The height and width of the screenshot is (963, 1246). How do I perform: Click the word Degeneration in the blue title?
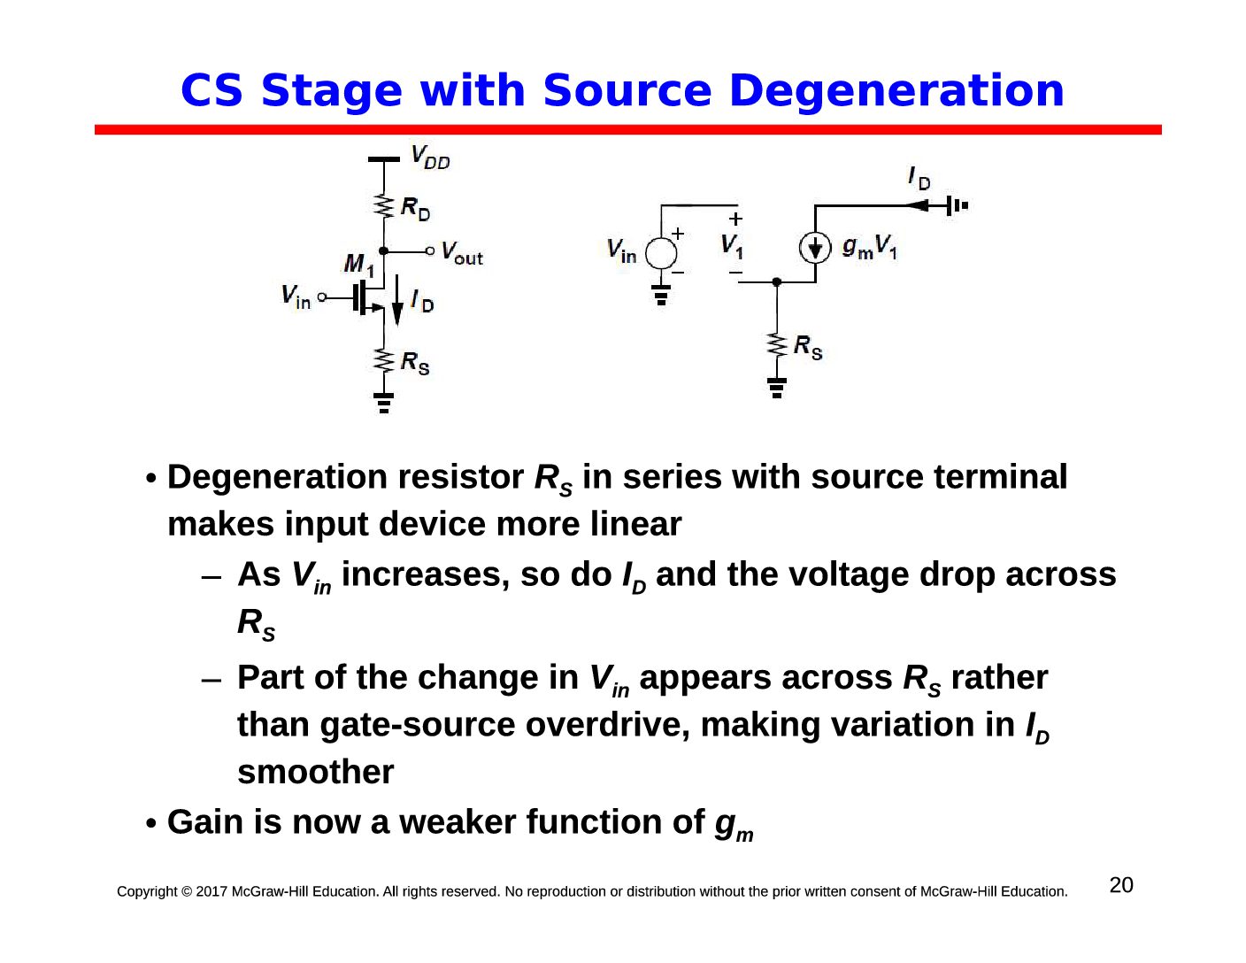click(x=896, y=90)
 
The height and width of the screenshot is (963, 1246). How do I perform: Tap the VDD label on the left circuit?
click(x=430, y=157)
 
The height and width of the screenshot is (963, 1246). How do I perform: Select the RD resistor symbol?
click(x=383, y=206)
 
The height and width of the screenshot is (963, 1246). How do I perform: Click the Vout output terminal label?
click(x=462, y=253)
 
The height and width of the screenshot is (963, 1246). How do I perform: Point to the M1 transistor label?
click(x=359, y=265)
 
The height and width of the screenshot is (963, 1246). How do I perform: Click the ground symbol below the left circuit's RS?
click(x=383, y=403)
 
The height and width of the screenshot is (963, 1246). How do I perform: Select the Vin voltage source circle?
click(x=661, y=253)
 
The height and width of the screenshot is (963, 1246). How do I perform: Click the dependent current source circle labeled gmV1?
click(x=815, y=249)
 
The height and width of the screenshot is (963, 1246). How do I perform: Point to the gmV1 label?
click(x=869, y=247)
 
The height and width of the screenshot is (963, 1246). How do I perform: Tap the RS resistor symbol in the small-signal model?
click(x=777, y=344)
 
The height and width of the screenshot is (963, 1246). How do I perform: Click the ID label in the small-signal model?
click(x=919, y=179)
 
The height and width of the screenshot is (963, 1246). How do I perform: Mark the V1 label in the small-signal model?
click(x=732, y=247)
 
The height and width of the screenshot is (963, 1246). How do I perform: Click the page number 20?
click(x=1121, y=885)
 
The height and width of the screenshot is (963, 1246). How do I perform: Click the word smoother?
click(x=315, y=772)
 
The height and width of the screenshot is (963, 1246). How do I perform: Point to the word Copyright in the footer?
click(x=147, y=892)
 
